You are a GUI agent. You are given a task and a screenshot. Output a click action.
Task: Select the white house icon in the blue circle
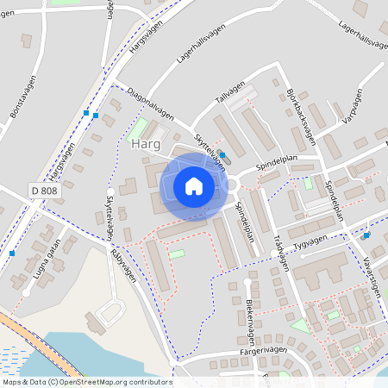pyautogui.click(x=194, y=185)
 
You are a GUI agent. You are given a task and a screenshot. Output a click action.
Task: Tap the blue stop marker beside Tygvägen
pyautogui.click(x=366, y=235)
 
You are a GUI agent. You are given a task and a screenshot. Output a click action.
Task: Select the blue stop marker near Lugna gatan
pyautogui.click(x=12, y=253)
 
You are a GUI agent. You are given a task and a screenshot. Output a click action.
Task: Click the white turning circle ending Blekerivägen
pyautogui.click(x=247, y=281)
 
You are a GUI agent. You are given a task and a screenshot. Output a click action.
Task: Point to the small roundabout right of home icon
pyautogui.click(x=232, y=184)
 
